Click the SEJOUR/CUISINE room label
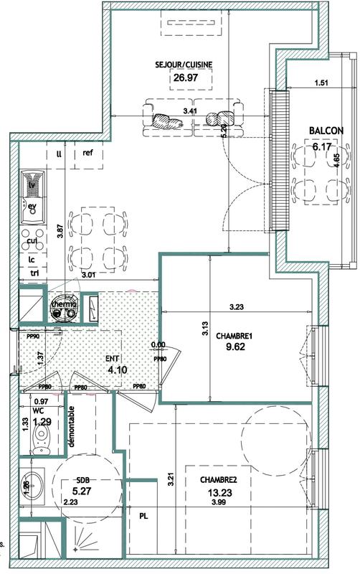click(x=184, y=64)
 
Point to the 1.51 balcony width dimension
click(x=321, y=83)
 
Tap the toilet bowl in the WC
click(x=42, y=444)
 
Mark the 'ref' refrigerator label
click(x=88, y=153)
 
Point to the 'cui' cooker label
click(x=32, y=241)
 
